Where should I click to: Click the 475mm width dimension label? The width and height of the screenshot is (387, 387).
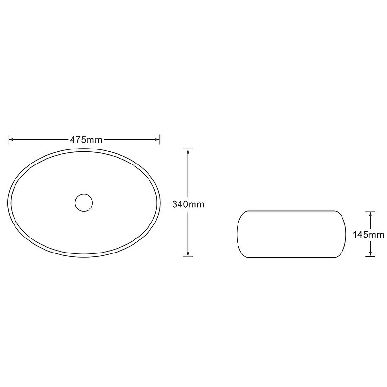point(86,140)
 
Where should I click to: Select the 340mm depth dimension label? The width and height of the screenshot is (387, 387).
point(188,204)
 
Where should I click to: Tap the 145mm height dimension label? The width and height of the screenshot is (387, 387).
point(368,235)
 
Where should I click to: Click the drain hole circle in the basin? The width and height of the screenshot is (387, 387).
point(84,203)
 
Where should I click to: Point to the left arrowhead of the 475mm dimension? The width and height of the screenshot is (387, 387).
point(11,140)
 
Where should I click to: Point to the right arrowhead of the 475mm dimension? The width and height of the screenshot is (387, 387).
point(157,140)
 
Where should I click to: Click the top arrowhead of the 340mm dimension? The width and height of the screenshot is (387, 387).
point(188,151)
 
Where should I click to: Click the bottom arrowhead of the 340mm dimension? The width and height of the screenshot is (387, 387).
point(188,254)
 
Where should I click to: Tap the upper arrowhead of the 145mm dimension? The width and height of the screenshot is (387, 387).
point(370,214)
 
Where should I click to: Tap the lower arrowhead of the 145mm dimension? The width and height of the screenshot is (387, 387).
point(370,254)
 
